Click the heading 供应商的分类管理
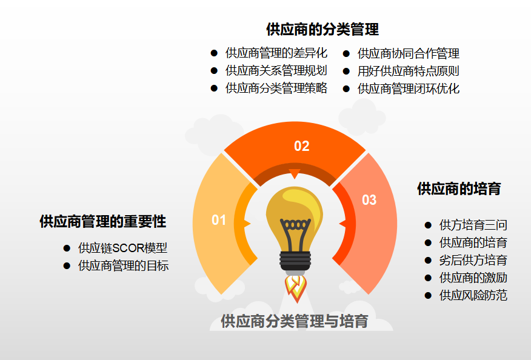322,29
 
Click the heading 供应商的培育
459,188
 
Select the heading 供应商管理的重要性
103,221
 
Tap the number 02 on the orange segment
302,146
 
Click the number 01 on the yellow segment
219,220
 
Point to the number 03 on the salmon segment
369,200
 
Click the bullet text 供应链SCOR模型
122,248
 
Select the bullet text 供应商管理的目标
123,265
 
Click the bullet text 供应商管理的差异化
276,53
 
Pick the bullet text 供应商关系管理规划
276,71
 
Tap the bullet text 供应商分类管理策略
276,88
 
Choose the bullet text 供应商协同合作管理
409,53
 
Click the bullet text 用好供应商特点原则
409,71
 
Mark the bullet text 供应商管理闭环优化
409,88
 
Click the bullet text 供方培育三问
473,225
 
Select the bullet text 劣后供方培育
473,261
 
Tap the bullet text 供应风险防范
473,296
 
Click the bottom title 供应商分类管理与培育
295,321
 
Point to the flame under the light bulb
295,288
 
